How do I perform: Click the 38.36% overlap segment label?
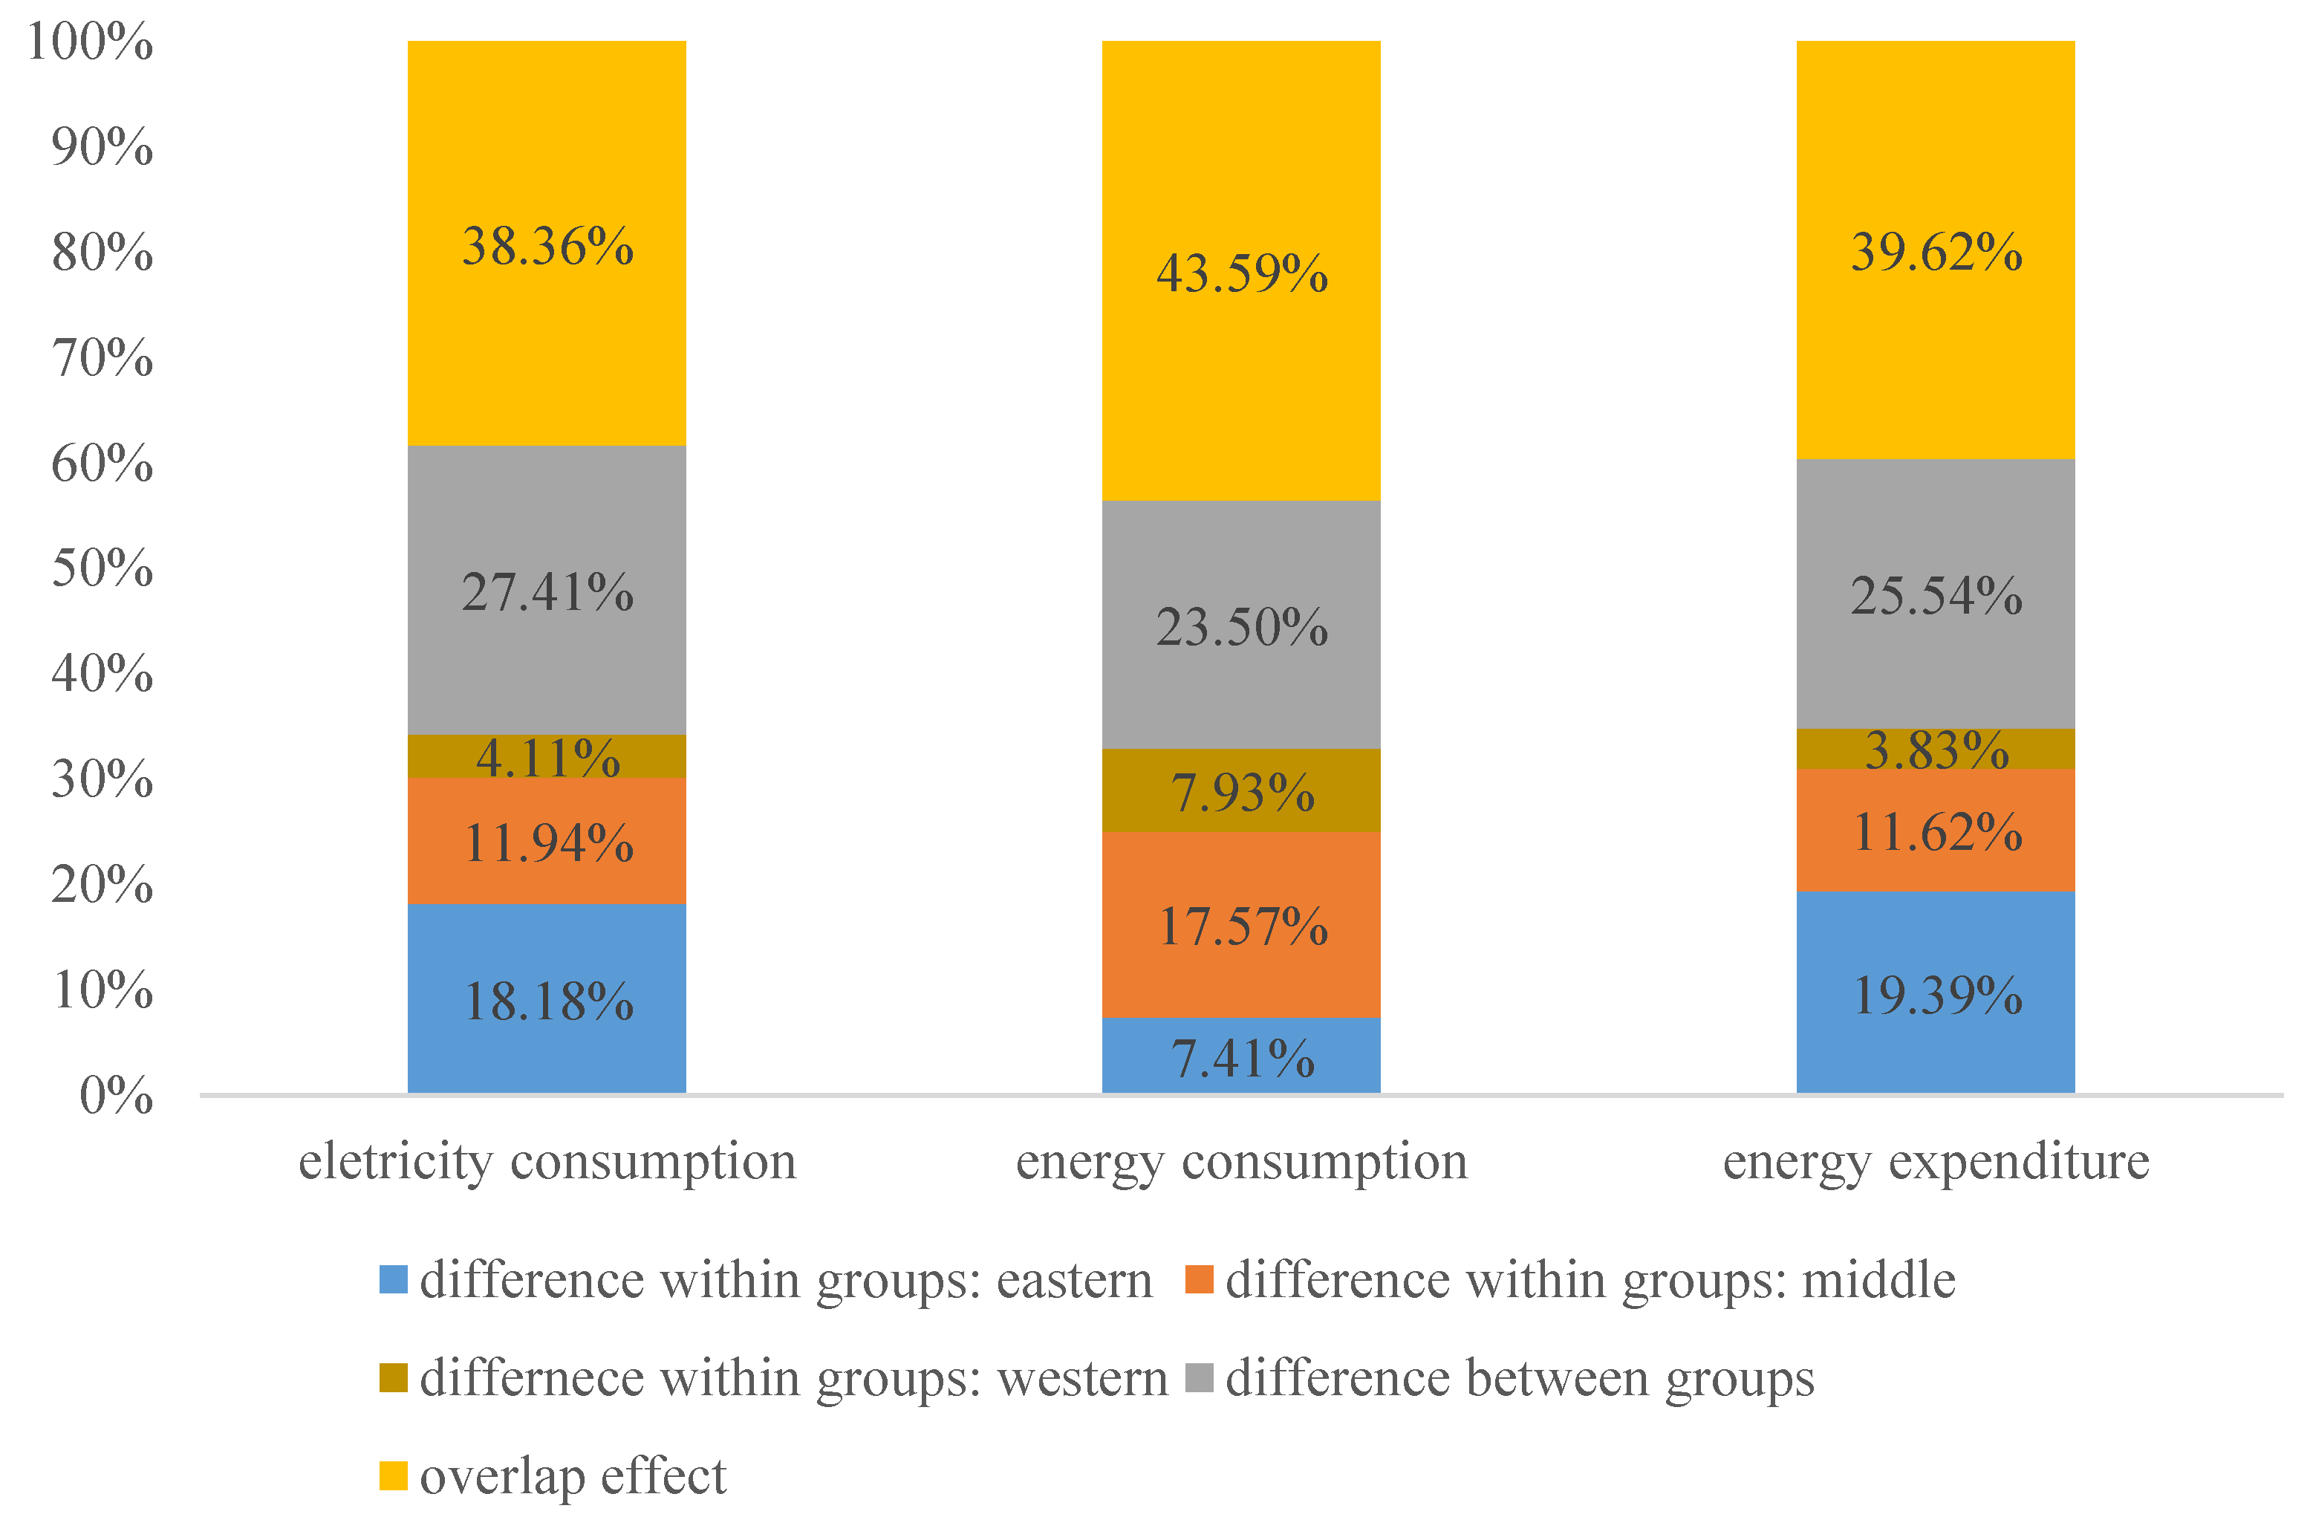click(547, 247)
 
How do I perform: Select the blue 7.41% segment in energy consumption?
click(1240, 1055)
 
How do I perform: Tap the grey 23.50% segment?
click(1240, 626)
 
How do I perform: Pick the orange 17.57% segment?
click(1240, 925)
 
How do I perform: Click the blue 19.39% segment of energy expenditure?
click(1936, 994)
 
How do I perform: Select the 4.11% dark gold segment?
click(547, 757)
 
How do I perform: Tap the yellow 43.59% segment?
click(1240, 273)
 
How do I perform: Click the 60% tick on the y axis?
click(102, 463)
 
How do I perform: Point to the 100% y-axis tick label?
click(91, 42)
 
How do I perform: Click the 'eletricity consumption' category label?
click(547, 1161)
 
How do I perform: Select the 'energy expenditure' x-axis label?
click(1936, 1161)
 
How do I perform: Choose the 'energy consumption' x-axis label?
click(1240, 1161)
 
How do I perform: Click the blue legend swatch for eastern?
click(393, 1279)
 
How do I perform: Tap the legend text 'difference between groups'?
click(1519, 1377)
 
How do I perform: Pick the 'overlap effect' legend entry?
click(573, 1476)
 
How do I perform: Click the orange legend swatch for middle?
click(1200, 1279)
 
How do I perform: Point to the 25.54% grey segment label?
click(1936, 595)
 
